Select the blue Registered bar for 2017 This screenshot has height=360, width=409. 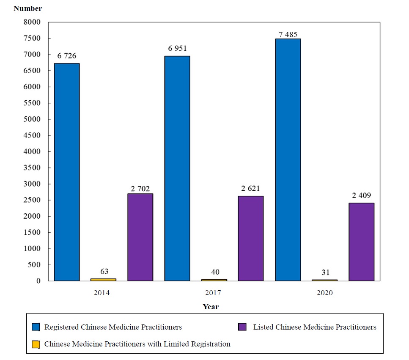click(177, 168)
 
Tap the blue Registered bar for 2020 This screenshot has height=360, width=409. click(288, 159)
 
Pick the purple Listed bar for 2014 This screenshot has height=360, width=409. click(140, 237)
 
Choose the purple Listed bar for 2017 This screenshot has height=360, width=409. click(250, 238)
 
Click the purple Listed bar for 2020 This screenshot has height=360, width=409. click(361, 242)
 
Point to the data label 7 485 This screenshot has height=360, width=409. click(288, 34)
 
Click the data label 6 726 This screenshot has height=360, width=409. click(67, 56)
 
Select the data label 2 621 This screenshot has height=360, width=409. click(250, 189)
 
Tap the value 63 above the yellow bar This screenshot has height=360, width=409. click(104, 272)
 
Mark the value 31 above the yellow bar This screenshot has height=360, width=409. click(325, 272)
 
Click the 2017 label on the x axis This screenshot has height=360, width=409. click(213, 293)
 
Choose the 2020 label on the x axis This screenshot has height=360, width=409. click(324, 293)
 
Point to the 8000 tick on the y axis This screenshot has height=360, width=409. click(33, 22)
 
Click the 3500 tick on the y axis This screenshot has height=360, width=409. click(33, 168)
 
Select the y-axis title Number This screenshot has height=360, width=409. click(28, 8)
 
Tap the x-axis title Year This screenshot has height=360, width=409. click(211, 307)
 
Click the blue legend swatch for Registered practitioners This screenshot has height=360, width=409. click(36, 327)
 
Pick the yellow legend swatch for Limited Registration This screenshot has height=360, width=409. click(36, 344)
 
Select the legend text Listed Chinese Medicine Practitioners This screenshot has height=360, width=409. click(315, 327)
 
